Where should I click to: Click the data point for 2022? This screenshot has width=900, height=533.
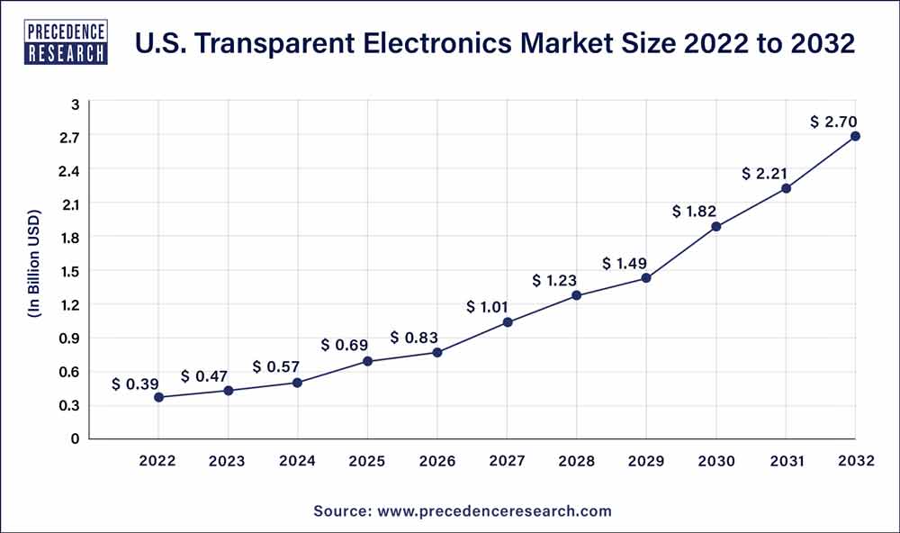pyautogui.click(x=159, y=397)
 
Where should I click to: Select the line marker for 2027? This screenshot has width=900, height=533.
pyautogui.click(x=508, y=322)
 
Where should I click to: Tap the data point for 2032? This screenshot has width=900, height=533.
pyautogui.click(x=855, y=136)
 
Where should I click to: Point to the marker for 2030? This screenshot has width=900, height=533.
pyautogui.click(x=716, y=227)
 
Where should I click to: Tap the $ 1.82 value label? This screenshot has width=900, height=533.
pyautogui.click(x=694, y=212)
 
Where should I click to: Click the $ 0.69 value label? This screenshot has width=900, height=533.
pyautogui.click(x=345, y=345)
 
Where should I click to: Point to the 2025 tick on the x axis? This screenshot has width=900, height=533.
pyautogui.click(x=367, y=461)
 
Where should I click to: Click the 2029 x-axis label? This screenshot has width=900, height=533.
pyautogui.click(x=646, y=461)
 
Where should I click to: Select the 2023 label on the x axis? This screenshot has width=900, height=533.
pyautogui.click(x=228, y=461)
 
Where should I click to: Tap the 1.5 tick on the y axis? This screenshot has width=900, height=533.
pyautogui.click(x=71, y=271)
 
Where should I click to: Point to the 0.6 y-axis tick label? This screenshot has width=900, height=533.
pyautogui.click(x=71, y=372)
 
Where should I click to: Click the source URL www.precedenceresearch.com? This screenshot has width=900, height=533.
pyautogui.click(x=493, y=510)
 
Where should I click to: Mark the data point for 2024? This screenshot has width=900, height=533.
pyautogui.click(x=298, y=383)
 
